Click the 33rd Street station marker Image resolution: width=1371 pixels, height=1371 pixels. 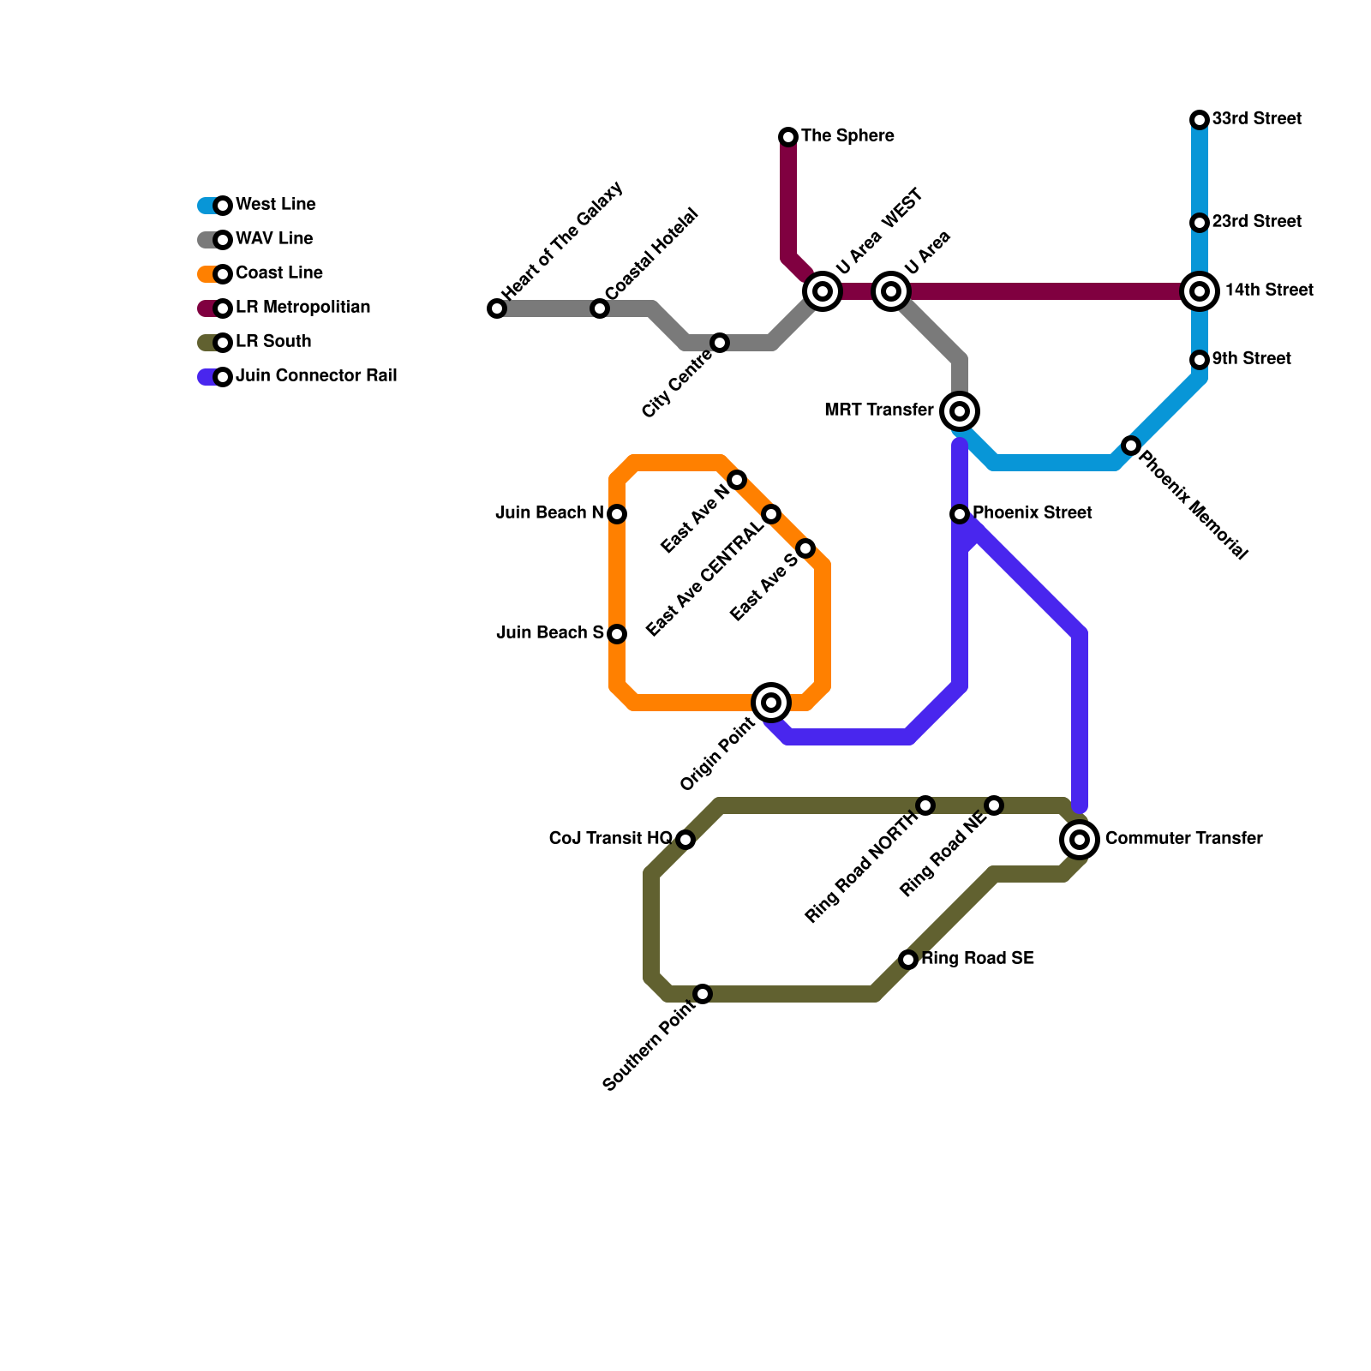(x=1200, y=120)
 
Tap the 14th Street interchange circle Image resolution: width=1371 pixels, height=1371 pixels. (x=1200, y=291)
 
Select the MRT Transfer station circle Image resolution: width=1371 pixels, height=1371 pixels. (x=960, y=411)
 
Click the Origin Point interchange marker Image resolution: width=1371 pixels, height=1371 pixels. (x=771, y=703)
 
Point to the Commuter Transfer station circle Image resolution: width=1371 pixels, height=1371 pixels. (x=1080, y=840)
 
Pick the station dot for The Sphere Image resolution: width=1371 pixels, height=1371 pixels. (x=788, y=137)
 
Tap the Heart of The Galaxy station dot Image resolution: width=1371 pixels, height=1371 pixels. (x=497, y=308)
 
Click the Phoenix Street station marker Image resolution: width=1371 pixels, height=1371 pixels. (x=960, y=514)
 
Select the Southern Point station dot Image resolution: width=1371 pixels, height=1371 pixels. (x=703, y=994)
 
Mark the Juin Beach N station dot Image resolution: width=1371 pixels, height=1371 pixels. (x=617, y=514)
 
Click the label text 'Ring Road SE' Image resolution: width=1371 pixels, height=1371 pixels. (x=978, y=959)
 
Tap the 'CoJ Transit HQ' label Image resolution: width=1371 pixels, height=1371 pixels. (x=610, y=839)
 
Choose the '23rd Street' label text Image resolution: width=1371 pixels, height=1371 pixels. (x=1256, y=222)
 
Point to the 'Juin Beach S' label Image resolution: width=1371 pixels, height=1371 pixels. (x=549, y=633)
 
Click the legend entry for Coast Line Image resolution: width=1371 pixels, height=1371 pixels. (x=278, y=273)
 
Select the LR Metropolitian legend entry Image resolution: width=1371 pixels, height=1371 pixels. (x=302, y=308)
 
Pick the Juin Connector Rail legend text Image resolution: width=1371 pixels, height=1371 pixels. (x=315, y=376)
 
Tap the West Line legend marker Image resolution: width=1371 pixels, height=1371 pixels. (x=223, y=206)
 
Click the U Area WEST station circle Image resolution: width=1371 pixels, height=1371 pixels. (x=823, y=291)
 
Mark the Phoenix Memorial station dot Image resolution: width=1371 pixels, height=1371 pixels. (x=1131, y=446)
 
